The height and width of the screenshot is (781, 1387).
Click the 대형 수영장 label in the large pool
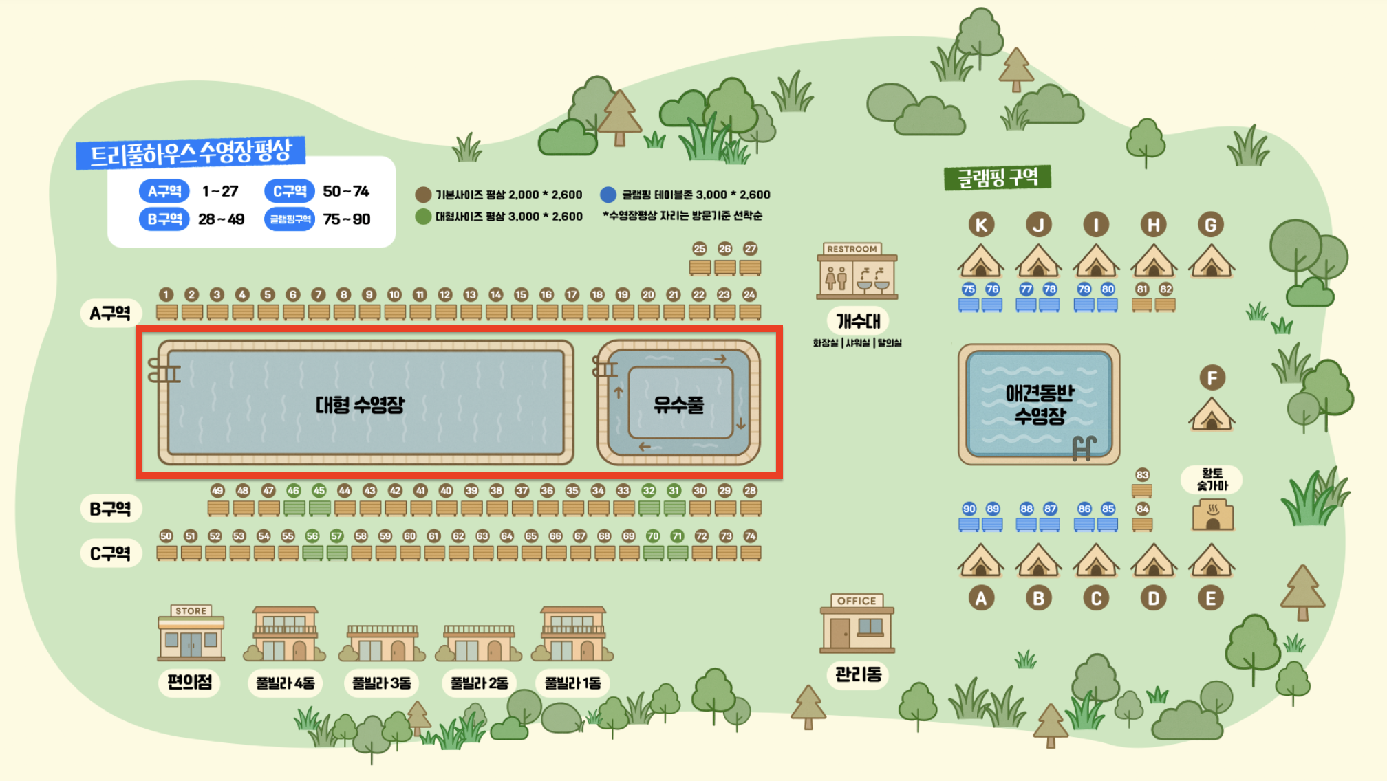pos(360,404)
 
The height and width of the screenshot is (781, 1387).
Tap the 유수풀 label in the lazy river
pos(678,404)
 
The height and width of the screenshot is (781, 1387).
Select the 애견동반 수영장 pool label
pos(1039,404)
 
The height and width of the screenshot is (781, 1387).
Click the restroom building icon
pos(857,272)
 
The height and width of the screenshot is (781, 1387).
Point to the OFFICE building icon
pos(857,624)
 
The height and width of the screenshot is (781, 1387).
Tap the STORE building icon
pos(191,632)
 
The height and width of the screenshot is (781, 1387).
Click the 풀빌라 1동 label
pos(572,683)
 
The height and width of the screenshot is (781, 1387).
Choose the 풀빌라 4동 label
pos(285,683)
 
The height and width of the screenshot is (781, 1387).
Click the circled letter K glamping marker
pos(981,225)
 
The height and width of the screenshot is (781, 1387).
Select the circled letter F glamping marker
pos(1212,377)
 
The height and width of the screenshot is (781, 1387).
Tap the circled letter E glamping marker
pos(1211,598)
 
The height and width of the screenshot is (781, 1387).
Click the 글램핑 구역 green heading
pos(997,178)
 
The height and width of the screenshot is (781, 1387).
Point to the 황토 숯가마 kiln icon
pos(1212,515)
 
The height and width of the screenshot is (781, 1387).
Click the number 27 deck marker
pos(750,249)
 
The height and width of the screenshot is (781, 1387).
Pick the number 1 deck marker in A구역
pos(166,294)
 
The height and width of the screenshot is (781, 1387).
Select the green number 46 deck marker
pos(294,490)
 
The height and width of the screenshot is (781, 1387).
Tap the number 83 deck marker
pos(1142,474)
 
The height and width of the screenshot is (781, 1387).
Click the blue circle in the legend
pos(608,195)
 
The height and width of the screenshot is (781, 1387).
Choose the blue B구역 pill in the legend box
pos(164,219)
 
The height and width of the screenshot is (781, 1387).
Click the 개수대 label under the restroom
pos(857,320)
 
